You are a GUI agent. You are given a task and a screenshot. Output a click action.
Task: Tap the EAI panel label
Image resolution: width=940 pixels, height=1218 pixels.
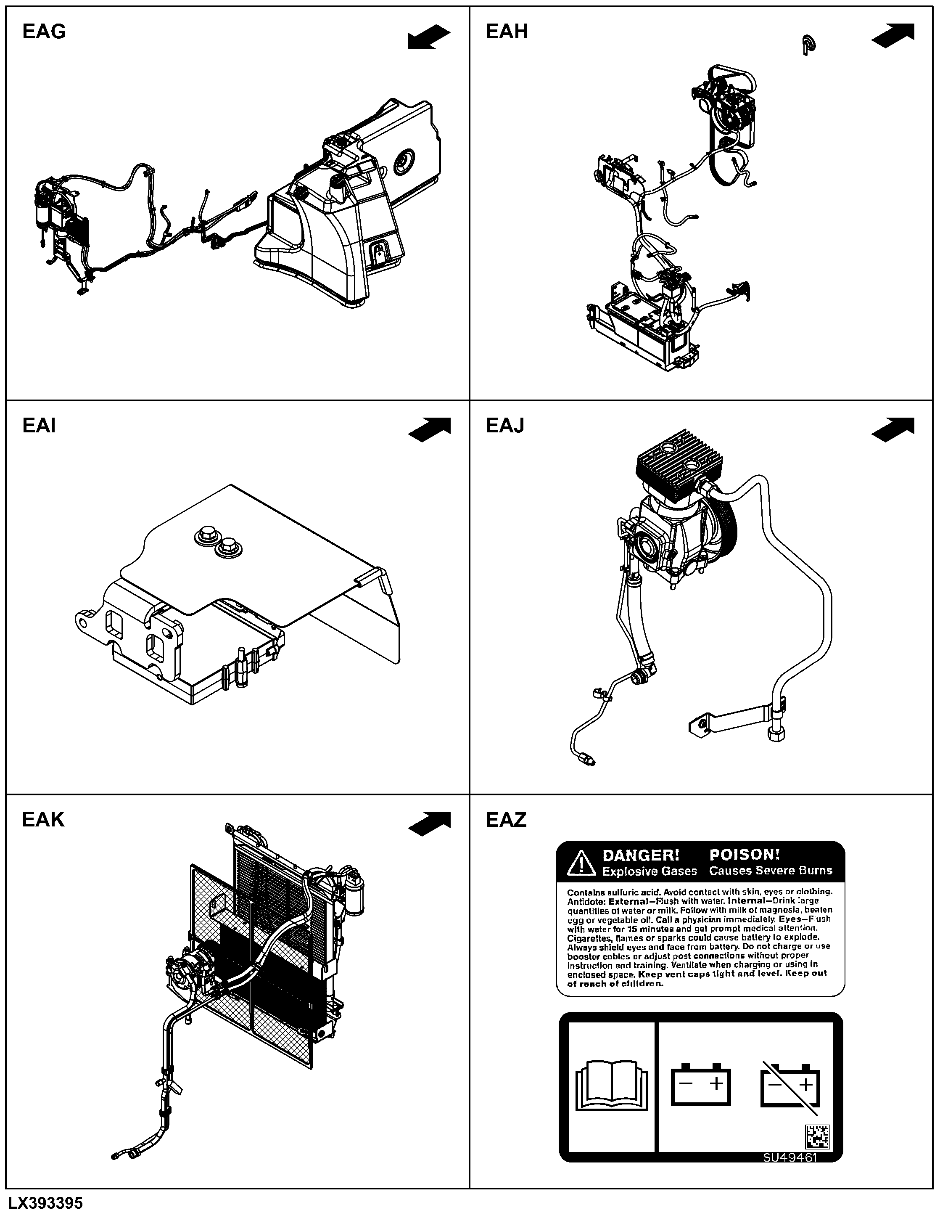tap(39, 426)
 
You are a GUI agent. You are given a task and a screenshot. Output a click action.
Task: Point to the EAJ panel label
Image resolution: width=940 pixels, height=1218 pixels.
tap(505, 426)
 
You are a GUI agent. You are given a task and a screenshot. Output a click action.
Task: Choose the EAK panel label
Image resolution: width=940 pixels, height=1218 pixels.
tap(43, 819)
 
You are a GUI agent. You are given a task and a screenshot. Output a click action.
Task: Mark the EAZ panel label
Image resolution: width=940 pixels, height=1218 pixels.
tap(506, 820)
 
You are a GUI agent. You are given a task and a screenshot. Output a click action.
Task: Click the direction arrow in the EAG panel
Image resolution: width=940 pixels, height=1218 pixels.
tap(429, 37)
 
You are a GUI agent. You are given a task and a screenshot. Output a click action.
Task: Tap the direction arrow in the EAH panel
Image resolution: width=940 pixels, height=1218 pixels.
tap(892, 36)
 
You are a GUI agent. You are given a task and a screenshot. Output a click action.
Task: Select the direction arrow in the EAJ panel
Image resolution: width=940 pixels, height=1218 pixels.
tap(892, 430)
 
